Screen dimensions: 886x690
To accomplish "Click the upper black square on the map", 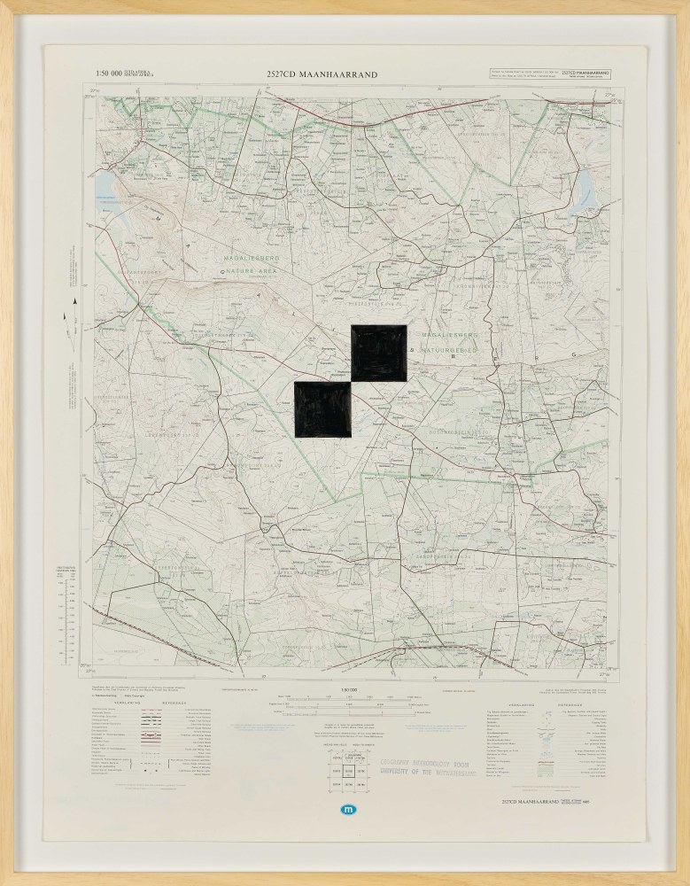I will tap(379, 352).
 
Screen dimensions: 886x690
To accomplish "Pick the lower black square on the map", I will tap(322, 409).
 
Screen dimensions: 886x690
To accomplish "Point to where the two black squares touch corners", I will tap(352, 381).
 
